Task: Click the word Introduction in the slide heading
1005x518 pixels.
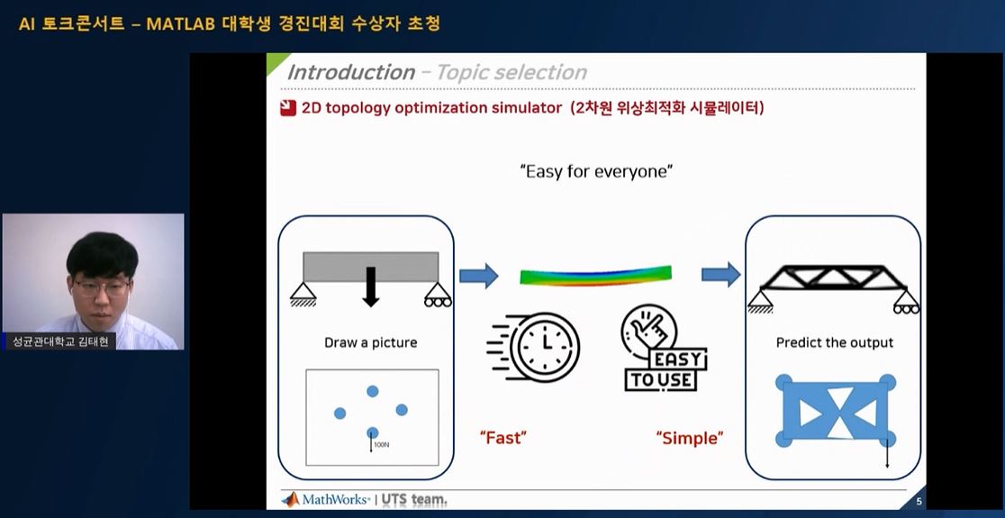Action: [350, 72]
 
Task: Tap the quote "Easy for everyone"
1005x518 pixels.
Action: [596, 171]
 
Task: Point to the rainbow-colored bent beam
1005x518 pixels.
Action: [596, 274]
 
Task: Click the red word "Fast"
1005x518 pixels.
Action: [503, 438]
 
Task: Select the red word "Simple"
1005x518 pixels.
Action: [690, 438]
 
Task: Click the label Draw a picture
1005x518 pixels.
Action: [370, 342]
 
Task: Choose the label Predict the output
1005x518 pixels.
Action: [834, 342]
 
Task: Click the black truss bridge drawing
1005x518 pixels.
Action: [833, 284]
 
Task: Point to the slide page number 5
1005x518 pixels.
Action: [919, 501]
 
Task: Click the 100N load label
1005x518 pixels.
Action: [381, 444]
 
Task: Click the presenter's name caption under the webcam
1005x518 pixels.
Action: [59, 341]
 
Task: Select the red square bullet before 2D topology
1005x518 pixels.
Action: [287, 109]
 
